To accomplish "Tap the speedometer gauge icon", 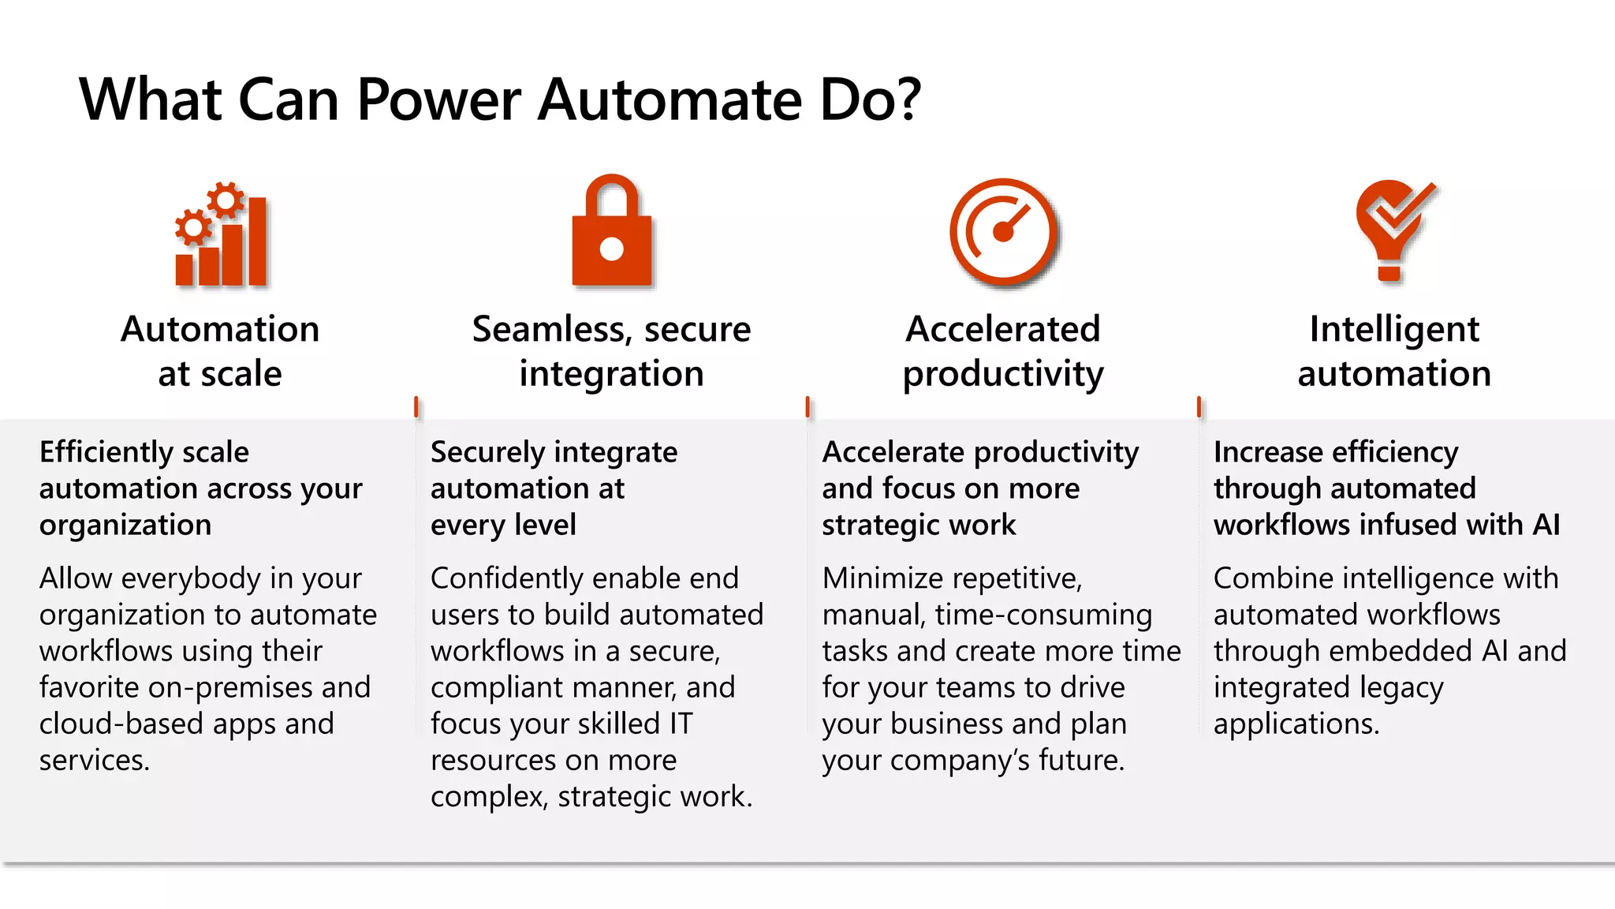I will (1003, 231).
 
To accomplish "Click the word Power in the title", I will (438, 100).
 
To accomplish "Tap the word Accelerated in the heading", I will (1002, 329).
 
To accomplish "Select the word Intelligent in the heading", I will (1394, 329).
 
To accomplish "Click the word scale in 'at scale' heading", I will (241, 373).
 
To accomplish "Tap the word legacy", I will (1403, 688).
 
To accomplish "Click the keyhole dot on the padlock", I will (612, 249).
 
